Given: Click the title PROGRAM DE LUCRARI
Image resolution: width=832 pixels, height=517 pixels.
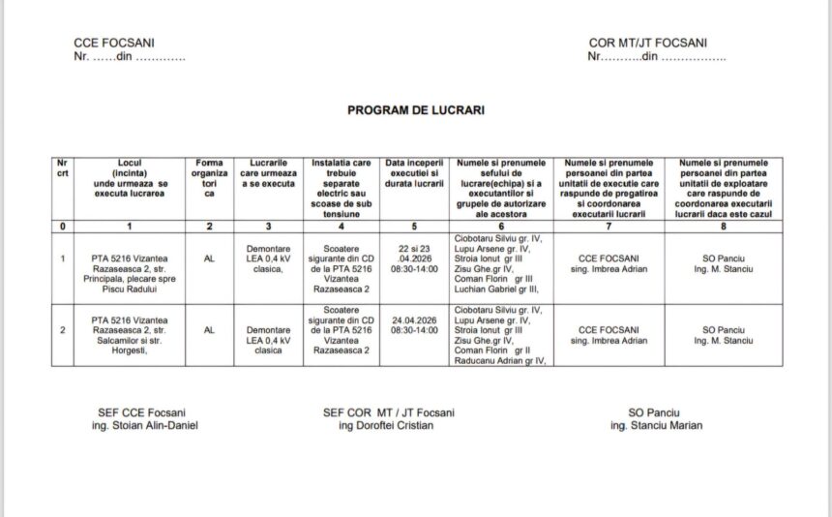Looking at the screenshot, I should click(x=416, y=110).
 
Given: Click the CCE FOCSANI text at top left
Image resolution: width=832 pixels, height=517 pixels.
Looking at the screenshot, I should click(x=114, y=44).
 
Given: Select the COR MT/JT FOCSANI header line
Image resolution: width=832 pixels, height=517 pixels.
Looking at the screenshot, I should click(x=647, y=44).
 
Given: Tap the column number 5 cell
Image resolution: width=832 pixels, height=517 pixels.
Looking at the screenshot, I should click(x=414, y=226).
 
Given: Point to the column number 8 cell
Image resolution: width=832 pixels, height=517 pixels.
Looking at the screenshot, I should click(x=723, y=226).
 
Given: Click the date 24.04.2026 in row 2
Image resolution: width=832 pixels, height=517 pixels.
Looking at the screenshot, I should click(x=414, y=319).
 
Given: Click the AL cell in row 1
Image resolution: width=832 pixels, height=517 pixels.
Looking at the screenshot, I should click(x=209, y=258).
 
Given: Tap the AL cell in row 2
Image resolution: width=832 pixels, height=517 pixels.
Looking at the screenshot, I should click(x=209, y=330).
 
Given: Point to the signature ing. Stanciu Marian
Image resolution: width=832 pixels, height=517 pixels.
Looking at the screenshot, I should click(x=656, y=425).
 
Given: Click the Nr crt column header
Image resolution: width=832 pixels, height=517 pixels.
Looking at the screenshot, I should click(x=63, y=168).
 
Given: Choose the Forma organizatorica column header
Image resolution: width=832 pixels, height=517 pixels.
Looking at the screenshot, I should click(x=209, y=178).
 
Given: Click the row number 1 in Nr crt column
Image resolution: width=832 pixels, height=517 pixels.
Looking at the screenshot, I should click(x=63, y=258).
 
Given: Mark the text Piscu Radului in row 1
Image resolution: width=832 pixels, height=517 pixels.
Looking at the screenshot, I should click(x=130, y=289).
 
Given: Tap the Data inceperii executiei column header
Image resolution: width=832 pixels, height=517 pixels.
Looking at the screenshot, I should click(x=414, y=173).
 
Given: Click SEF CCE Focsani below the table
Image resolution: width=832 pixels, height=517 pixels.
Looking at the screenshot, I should click(x=141, y=412).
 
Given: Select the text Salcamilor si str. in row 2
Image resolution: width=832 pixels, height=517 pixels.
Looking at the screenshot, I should click(x=130, y=340).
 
